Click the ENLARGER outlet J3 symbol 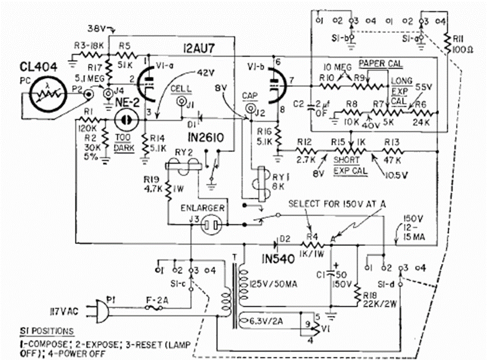click(x=209, y=225)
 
